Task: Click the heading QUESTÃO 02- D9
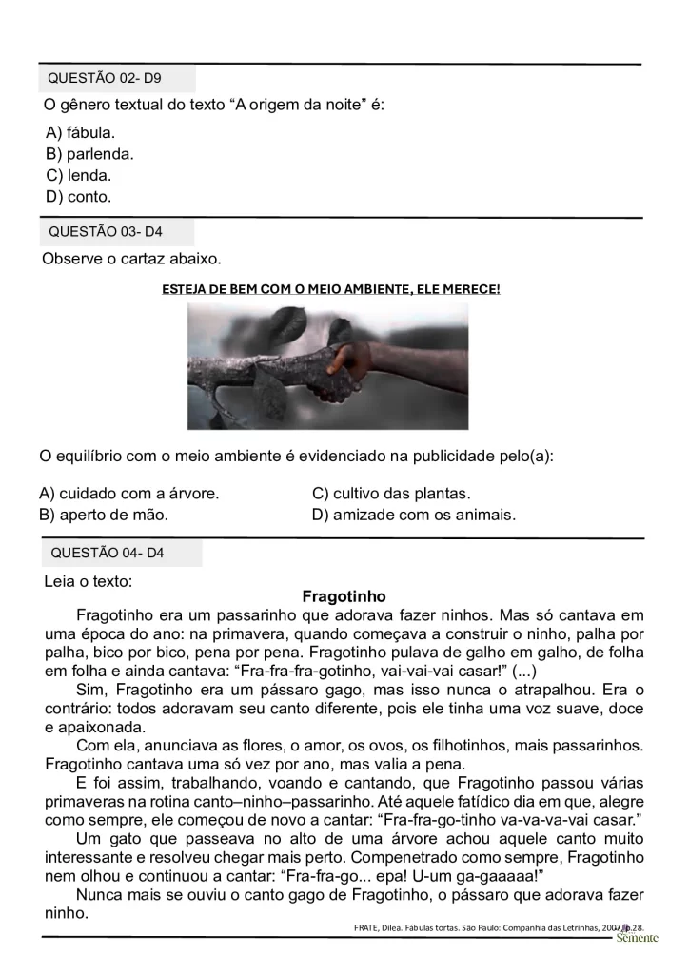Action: tap(105, 79)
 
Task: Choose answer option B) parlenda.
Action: tap(89, 154)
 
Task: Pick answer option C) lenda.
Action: tap(78, 175)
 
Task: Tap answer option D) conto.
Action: tap(78, 197)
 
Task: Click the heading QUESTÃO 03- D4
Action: tap(105, 232)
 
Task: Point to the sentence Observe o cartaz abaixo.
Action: tap(131, 259)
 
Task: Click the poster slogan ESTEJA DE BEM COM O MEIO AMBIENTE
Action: tap(331, 288)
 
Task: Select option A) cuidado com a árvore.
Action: tap(129, 494)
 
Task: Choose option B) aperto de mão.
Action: tap(104, 515)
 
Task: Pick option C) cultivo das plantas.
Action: tap(391, 494)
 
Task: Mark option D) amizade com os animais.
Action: tap(413, 515)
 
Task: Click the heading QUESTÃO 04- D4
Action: tap(107, 553)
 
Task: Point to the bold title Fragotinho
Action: tap(344, 597)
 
